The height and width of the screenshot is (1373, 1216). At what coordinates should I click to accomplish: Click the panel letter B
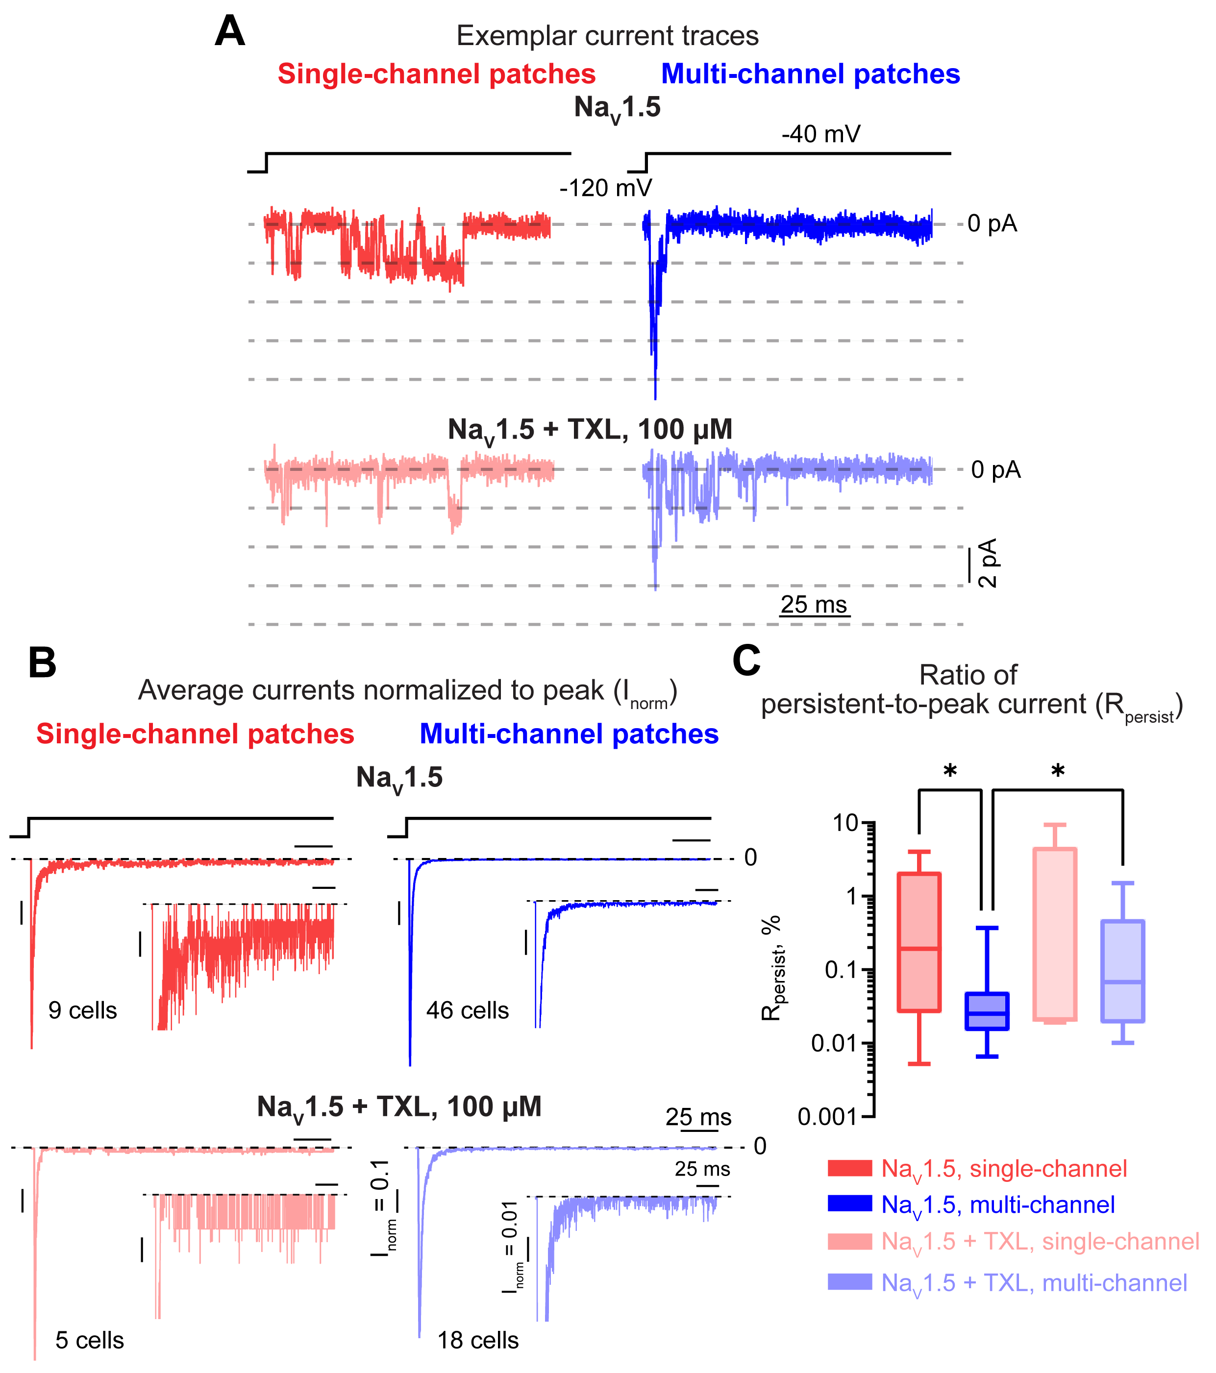pyautogui.click(x=42, y=663)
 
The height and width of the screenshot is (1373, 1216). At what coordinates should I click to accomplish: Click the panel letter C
pyautogui.click(x=746, y=661)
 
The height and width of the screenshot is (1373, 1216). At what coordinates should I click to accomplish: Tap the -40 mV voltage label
pyautogui.click(x=820, y=134)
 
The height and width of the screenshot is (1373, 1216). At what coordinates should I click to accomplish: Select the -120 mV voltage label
pyautogui.click(x=605, y=188)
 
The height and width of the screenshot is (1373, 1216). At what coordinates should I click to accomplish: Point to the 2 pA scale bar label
pyautogui.click(x=988, y=563)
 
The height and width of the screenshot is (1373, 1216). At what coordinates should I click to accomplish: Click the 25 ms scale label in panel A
pyautogui.click(x=814, y=605)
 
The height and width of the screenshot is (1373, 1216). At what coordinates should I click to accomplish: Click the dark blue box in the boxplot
pyautogui.click(x=987, y=1011)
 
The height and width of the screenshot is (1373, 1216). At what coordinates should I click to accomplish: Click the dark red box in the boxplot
pyautogui.click(x=919, y=942)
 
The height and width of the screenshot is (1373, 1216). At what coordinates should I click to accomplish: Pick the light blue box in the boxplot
pyautogui.click(x=1122, y=971)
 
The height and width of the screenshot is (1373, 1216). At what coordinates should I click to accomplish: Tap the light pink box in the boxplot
pyautogui.click(x=1055, y=934)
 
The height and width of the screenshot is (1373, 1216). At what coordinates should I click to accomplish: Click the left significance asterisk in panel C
pyautogui.click(x=950, y=772)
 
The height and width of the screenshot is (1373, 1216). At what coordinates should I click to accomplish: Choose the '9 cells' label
pyautogui.click(x=83, y=1011)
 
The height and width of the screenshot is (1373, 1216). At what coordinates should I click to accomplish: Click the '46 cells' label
pyautogui.click(x=468, y=1011)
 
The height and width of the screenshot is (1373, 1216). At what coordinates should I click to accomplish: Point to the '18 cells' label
pyautogui.click(x=478, y=1341)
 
